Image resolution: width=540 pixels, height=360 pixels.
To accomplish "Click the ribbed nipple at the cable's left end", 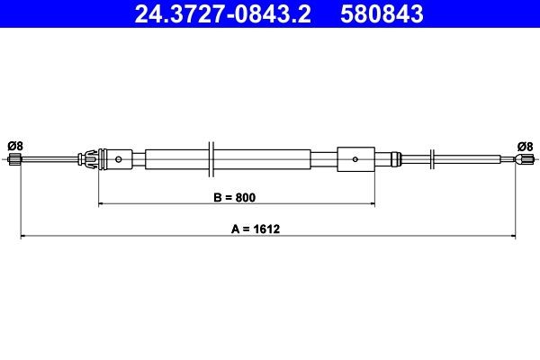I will (x=13, y=161).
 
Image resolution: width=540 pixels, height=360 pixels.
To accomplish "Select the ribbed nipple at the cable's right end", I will (x=523, y=161).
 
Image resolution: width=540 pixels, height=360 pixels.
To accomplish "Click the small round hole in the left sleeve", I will (x=120, y=160).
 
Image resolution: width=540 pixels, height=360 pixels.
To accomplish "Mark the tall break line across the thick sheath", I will (x=210, y=160).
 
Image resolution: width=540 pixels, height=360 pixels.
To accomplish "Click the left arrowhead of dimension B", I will (x=101, y=205).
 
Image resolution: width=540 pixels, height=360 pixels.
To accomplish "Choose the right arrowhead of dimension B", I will (x=371, y=205).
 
